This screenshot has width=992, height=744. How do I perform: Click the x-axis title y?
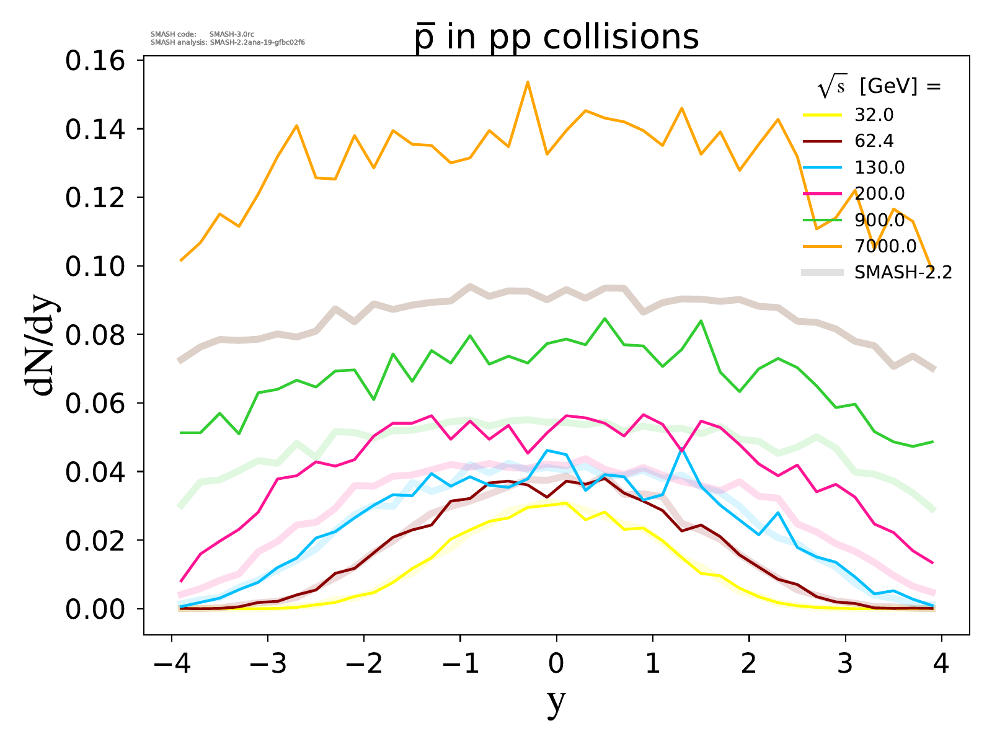click(556, 701)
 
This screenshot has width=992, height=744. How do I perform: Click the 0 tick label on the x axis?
click(556, 664)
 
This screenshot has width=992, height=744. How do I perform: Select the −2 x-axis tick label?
click(363, 664)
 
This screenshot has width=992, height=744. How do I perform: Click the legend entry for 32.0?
click(874, 115)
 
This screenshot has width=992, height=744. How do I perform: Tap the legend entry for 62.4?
click(874, 141)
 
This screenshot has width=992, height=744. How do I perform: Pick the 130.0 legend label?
click(879, 167)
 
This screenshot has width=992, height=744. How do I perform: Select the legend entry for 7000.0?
click(885, 246)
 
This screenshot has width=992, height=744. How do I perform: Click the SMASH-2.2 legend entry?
click(903, 272)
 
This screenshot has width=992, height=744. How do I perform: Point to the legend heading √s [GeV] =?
click(879, 87)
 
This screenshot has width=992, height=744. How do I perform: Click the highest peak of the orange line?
click(528, 82)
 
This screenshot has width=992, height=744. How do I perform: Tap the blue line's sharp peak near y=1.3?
click(682, 449)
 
